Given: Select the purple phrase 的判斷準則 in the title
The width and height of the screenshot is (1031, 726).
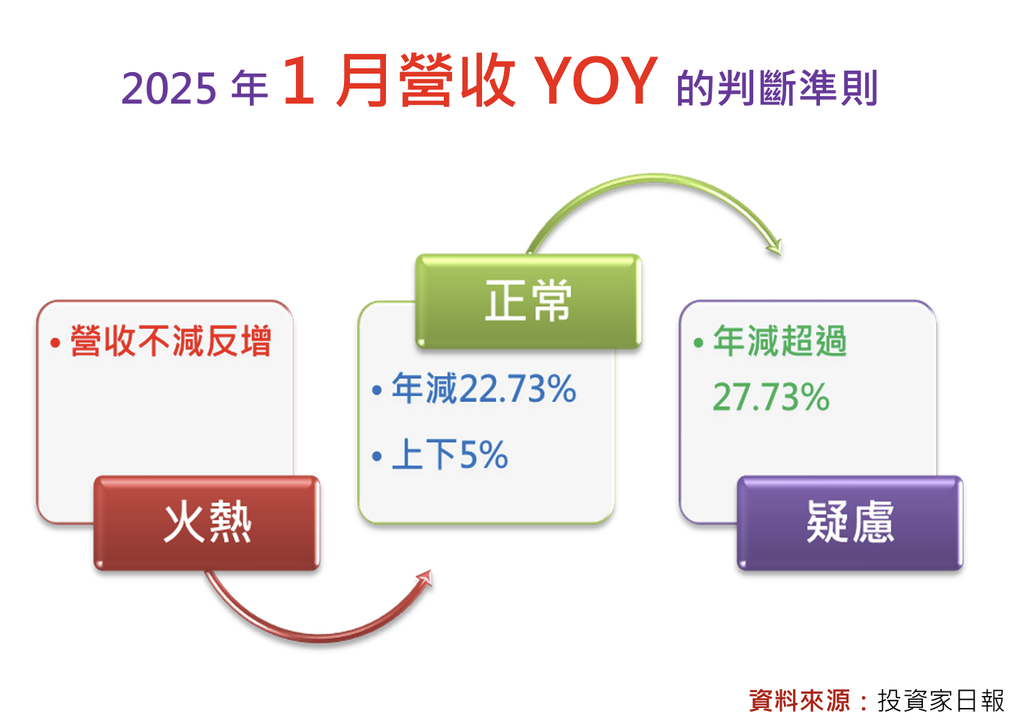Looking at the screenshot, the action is (777, 87).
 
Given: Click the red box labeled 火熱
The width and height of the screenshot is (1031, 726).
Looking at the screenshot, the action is (207, 523).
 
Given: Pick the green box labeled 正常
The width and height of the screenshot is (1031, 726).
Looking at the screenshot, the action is (529, 301).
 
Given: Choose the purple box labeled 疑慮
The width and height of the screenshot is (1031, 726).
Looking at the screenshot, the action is (850, 523).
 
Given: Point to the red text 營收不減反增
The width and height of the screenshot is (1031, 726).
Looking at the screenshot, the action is (170, 341).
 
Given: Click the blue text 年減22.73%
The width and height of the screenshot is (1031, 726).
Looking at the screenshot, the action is (484, 388).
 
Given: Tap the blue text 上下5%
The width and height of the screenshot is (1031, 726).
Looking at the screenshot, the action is (450, 454).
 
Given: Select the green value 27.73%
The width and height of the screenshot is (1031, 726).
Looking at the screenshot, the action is (771, 396).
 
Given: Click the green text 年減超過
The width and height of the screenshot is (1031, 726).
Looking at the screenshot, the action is (780, 341).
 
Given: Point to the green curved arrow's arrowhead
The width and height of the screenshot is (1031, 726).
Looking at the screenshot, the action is (775, 247).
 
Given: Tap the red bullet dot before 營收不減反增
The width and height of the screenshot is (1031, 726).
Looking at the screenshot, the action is (56, 342).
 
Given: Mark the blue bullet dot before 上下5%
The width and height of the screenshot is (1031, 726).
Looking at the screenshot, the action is (377, 456).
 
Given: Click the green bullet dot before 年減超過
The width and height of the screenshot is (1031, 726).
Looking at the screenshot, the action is (698, 342).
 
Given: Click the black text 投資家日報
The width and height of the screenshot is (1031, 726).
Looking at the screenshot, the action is (941, 700).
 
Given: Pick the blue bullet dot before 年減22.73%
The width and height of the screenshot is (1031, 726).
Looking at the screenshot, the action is (377, 390).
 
